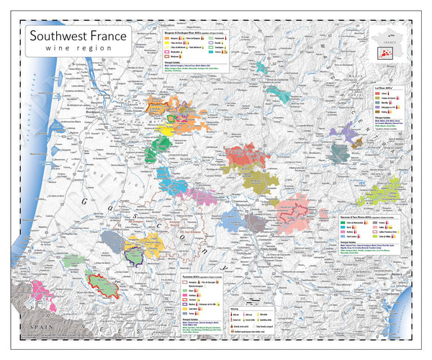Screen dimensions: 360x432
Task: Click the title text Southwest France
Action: click(x=77, y=35)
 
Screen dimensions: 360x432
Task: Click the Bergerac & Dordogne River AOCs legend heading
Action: click(x=189, y=34)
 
